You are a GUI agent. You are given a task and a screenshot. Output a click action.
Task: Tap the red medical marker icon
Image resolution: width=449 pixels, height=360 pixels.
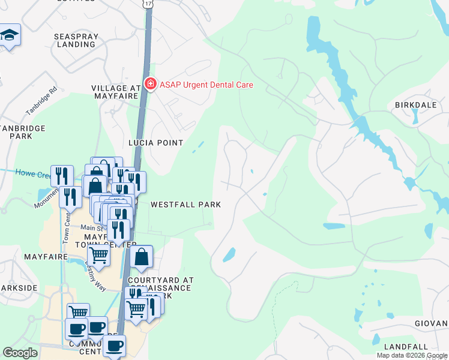tap(150, 85)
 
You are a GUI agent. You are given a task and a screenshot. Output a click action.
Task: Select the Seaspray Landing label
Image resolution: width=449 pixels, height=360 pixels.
tap(75, 40)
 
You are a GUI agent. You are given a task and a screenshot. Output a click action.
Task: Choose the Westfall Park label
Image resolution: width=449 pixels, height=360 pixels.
tap(185, 205)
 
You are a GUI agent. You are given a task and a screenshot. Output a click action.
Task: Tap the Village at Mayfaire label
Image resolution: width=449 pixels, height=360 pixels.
tap(116, 92)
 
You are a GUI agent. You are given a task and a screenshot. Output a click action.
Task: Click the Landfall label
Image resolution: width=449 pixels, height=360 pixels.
tap(406, 347)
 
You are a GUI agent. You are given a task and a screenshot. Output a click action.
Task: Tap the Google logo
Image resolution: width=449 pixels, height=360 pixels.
tap(20, 353)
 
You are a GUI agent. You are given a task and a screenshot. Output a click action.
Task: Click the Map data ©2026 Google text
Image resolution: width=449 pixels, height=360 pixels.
tap(412, 355)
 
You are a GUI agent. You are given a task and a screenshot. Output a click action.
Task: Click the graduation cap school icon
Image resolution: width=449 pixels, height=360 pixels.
tap(9, 35)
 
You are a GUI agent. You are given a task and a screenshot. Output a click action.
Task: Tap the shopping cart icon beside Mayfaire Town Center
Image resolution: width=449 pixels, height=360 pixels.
tap(98, 256)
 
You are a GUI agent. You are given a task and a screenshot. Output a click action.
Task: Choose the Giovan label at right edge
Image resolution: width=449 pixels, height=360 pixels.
tap(430, 323)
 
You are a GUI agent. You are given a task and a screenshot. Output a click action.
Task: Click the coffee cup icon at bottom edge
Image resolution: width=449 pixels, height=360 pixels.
tap(114, 346)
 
